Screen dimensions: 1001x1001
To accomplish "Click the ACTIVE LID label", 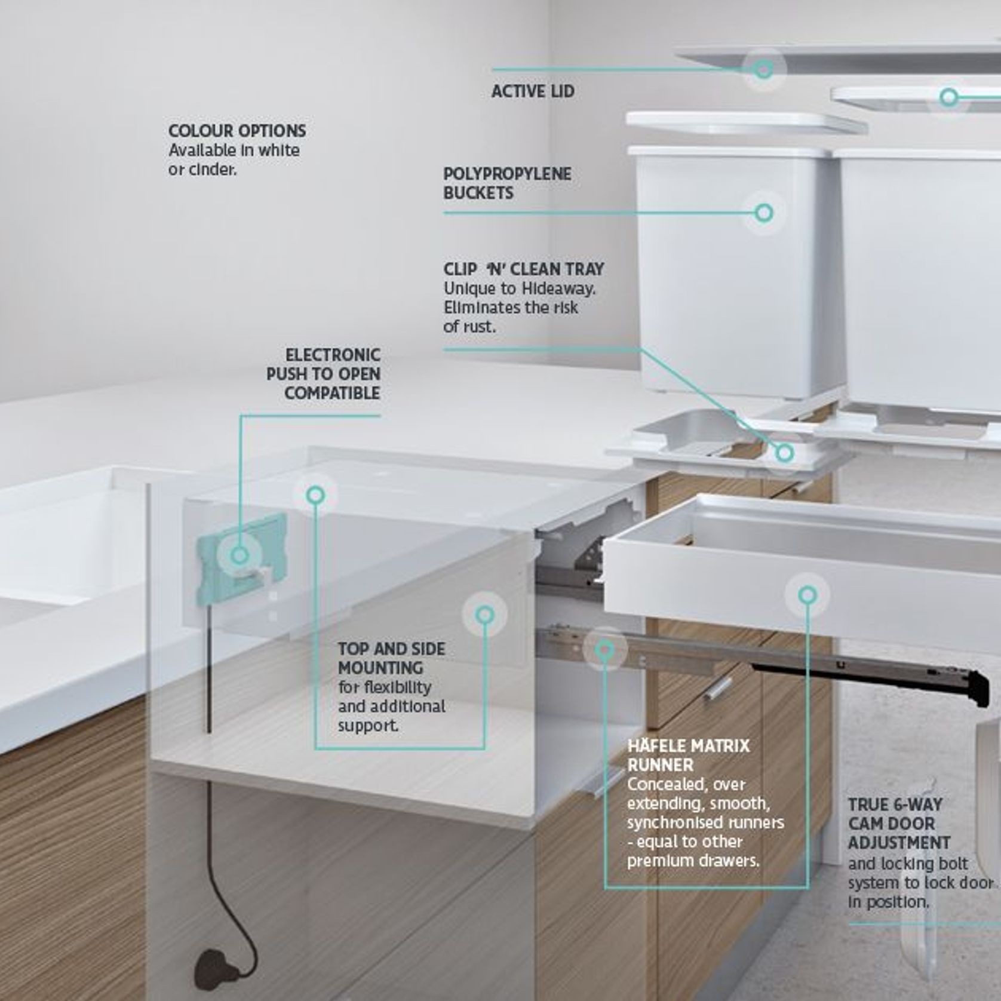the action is point(533,91).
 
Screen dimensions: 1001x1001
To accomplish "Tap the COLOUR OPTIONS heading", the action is point(237,131).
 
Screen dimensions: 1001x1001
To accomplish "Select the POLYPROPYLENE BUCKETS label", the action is point(507,183).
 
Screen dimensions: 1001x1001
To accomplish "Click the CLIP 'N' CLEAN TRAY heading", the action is point(524,269).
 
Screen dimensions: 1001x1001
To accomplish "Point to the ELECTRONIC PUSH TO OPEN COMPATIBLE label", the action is point(323,374).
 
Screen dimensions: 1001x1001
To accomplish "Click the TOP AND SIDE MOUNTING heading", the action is point(391,658).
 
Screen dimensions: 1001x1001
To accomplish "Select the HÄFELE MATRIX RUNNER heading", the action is point(688,755).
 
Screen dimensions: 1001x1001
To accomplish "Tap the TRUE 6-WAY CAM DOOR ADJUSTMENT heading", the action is point(899,824).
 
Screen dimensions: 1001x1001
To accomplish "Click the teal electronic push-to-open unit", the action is point(242,557).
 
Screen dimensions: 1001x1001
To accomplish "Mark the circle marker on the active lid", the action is point(763,69).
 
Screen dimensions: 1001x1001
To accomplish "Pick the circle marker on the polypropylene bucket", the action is point(764,212).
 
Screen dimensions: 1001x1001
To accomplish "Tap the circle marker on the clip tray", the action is point(785,453).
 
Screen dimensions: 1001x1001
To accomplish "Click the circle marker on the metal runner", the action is point(605,649).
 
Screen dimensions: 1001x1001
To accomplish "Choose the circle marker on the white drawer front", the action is point(807,595).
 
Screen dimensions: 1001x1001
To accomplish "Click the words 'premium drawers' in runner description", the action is point(693,861).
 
